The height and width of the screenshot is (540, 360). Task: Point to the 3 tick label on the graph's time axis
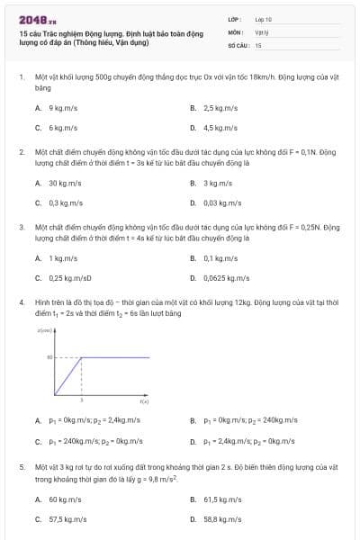point(83,399)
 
